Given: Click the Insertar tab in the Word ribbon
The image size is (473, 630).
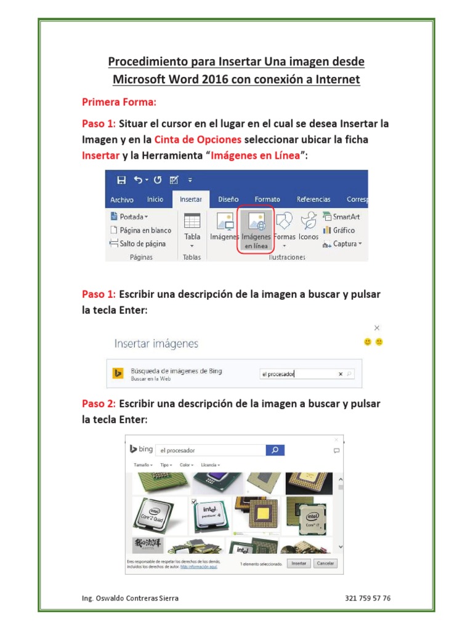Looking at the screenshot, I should point(191,199).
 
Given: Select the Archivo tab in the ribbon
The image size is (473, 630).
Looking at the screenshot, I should point(122,200).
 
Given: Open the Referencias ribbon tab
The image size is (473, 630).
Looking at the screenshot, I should point(313,199).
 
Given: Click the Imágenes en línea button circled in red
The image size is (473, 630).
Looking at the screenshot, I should point(256,229).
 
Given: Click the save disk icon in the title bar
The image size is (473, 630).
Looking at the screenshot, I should point(121,180).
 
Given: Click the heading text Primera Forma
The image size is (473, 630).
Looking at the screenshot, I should point(119,101).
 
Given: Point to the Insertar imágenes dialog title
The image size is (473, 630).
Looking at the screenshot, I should point(156,343).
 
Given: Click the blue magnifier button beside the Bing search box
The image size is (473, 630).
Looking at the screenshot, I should point(275,450).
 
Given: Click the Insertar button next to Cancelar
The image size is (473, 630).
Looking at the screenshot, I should point(299,563).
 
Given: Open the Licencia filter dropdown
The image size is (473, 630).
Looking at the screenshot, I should point(209,465).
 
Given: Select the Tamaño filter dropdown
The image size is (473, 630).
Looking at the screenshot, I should point(143,465).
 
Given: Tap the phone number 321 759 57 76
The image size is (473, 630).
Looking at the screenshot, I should point(368,598).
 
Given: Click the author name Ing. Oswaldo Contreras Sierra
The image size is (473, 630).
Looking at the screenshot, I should point(131,598).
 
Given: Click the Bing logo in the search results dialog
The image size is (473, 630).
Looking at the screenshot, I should point(141,450).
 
